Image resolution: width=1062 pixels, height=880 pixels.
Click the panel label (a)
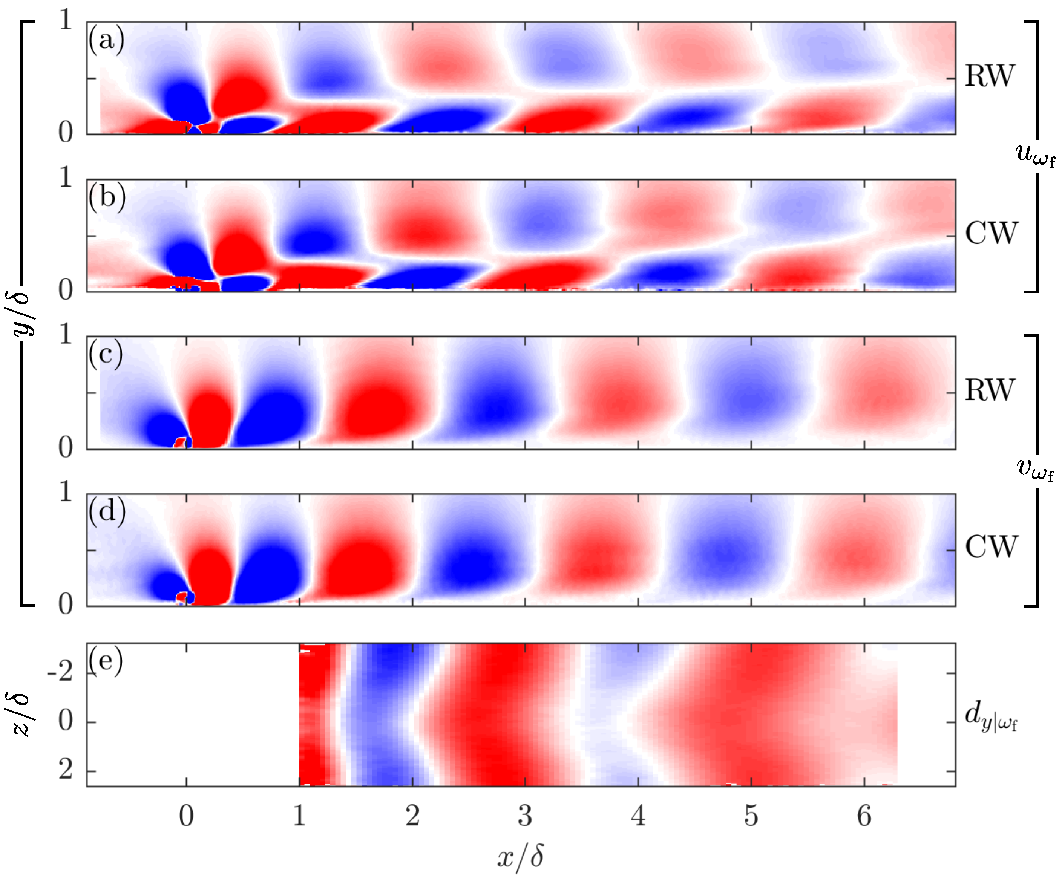pos(106,40)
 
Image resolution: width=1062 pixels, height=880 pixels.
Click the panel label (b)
pos(107,197)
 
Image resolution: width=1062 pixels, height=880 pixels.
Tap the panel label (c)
pos(106,354)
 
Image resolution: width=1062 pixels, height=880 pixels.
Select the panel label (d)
pos(107,511)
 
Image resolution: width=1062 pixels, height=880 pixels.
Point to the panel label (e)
pos(106,661)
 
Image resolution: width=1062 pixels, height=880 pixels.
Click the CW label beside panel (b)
pos(991,234)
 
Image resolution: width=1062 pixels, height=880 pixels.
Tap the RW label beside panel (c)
pos(989,390)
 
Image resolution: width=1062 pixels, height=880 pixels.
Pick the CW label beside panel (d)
pos(991,547)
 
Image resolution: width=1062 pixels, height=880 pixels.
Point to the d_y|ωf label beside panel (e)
pos(990,716)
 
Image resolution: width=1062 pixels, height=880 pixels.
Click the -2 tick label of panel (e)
pos(60,673)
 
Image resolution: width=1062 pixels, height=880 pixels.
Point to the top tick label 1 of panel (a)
pos(66,21)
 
